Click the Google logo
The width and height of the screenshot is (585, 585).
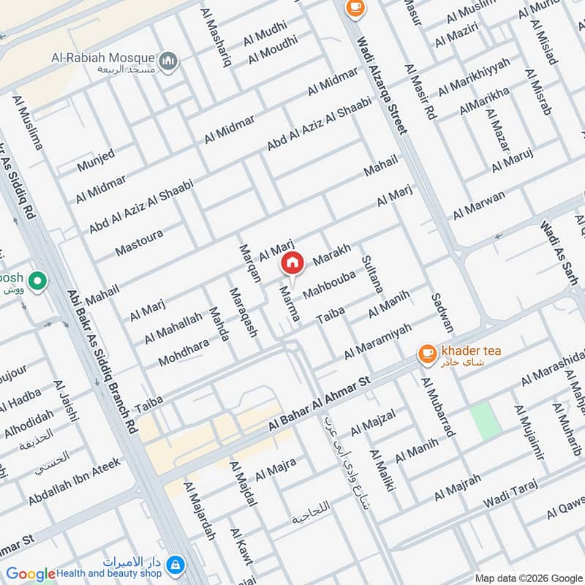(x=31, y=574)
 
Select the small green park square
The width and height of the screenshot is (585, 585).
(x=483, y=420)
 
